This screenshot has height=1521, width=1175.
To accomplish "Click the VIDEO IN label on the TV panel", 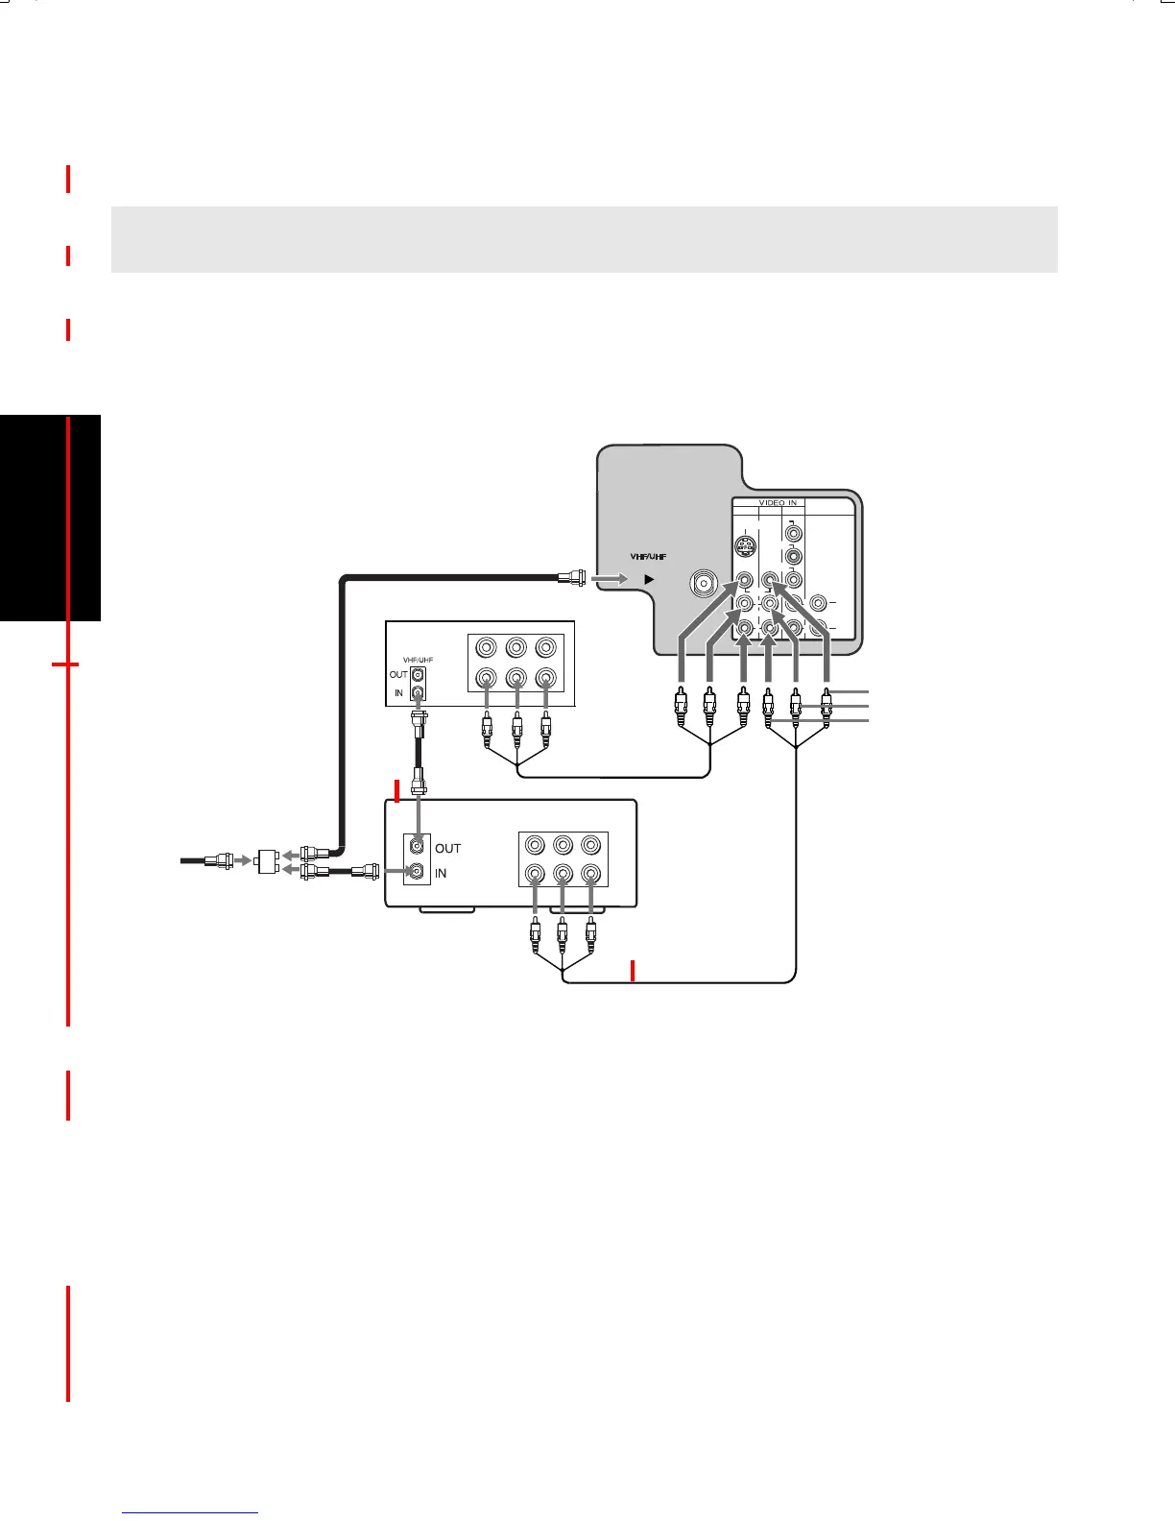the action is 778,503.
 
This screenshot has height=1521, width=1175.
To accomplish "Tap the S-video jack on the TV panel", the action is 745,547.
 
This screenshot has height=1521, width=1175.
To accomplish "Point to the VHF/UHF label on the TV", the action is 648,557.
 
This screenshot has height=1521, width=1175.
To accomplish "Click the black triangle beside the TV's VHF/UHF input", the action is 649,579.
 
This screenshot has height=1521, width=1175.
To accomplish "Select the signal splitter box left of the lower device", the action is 268,861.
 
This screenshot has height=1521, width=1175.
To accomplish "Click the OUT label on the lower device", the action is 447,849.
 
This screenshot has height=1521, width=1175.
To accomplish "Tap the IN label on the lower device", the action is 441,873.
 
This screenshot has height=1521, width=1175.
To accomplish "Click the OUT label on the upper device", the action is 398,675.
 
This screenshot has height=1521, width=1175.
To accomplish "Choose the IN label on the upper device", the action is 398,692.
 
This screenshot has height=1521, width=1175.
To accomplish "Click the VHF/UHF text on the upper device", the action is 418,660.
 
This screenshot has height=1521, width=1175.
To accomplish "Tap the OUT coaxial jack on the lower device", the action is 417,847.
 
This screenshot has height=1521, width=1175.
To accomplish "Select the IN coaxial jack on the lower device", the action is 417,872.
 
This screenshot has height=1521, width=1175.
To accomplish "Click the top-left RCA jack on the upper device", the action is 487,648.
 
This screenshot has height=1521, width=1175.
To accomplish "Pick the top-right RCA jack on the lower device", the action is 590,844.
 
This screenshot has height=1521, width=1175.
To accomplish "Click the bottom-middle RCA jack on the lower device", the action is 564,874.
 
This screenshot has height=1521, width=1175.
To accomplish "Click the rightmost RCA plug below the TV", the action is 827,707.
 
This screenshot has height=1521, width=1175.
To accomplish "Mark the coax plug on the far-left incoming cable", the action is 219,860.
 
